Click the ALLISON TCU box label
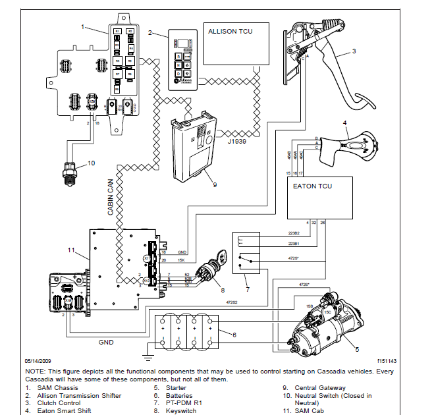pos(231,31)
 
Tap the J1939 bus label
pos(237,140)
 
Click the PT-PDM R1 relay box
pos(247,251)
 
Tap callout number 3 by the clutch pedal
pos(354,51)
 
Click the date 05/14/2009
pos(40,361)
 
